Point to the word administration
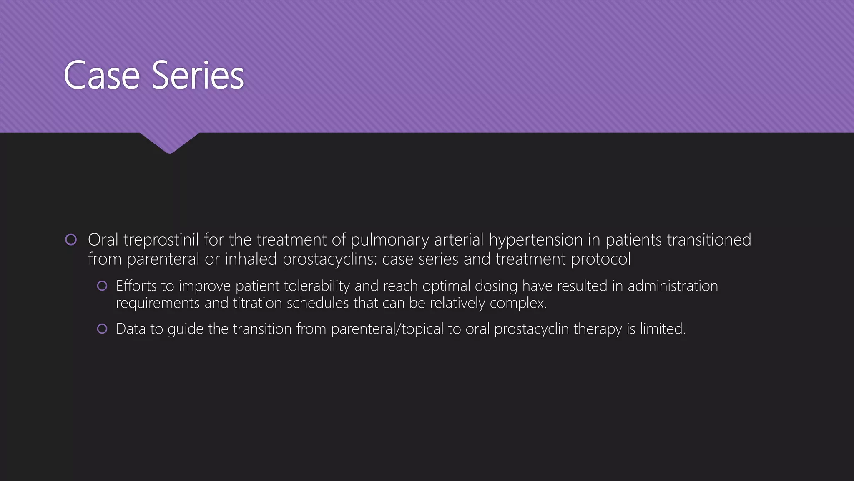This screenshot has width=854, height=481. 673,286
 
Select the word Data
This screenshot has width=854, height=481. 131,329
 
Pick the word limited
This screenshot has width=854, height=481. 663,329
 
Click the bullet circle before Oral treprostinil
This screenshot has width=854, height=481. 71,240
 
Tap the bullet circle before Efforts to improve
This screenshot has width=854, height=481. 102,286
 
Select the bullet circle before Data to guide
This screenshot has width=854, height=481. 102,329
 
